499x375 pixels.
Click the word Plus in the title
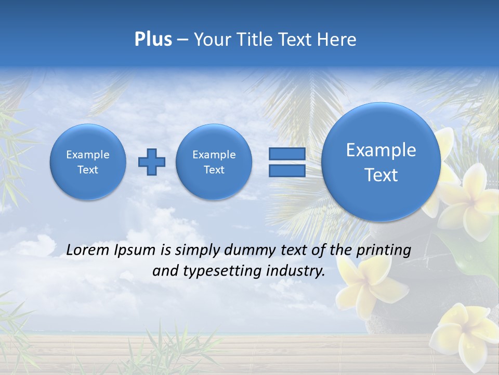point(153,40)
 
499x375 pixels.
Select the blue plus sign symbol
point(152,161)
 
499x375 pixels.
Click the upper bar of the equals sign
point(287,154)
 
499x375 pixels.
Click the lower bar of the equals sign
point(287,170)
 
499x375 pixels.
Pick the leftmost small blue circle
point(88,162)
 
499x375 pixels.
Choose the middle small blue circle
point(214,162)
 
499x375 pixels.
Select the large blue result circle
point(381,161)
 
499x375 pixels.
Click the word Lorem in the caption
point(88,250)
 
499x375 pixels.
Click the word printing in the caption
point(384,251)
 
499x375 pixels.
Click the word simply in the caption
point(197,251)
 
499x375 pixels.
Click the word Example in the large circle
point(381,150)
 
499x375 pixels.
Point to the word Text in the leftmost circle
point(88,170)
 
